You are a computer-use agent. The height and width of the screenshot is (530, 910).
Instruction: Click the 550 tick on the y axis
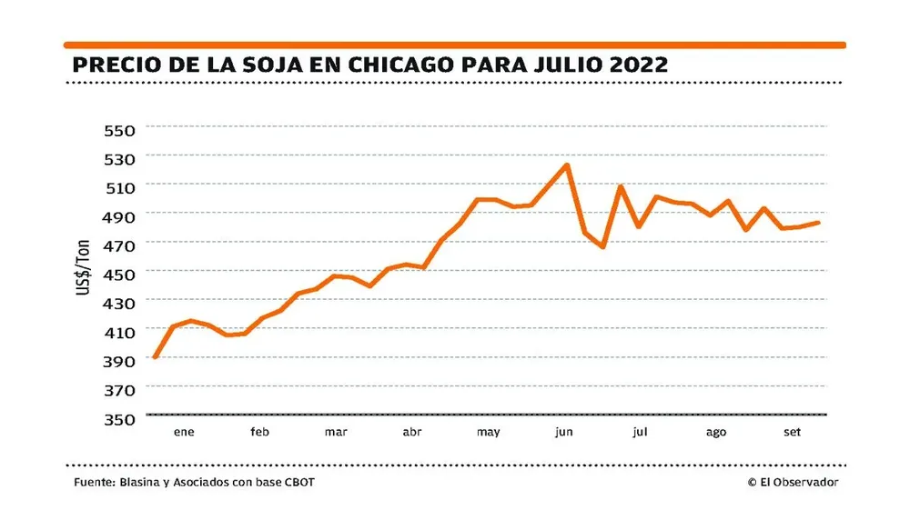coord(119,130)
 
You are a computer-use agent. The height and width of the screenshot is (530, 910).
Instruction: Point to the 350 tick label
coord(119,419)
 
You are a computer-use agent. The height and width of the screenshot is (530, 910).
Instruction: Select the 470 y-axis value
coord(119,245)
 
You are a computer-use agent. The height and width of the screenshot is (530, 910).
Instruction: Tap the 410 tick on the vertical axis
coord(119,333)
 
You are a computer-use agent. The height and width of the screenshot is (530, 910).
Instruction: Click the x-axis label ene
coord(185,433)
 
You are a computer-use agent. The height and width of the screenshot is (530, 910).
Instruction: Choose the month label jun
coord(564,433)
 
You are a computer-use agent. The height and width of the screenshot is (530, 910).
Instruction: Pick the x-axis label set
coord(792,433)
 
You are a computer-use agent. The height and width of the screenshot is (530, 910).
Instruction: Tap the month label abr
coord(412,433)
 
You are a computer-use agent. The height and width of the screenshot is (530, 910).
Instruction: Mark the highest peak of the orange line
coord(568,165)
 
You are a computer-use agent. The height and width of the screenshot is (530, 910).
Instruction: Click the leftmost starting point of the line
coord(155,357)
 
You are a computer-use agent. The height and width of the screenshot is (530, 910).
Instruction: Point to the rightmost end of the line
coord(820,222)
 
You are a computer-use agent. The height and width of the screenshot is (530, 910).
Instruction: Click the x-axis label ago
coord(716,433)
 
